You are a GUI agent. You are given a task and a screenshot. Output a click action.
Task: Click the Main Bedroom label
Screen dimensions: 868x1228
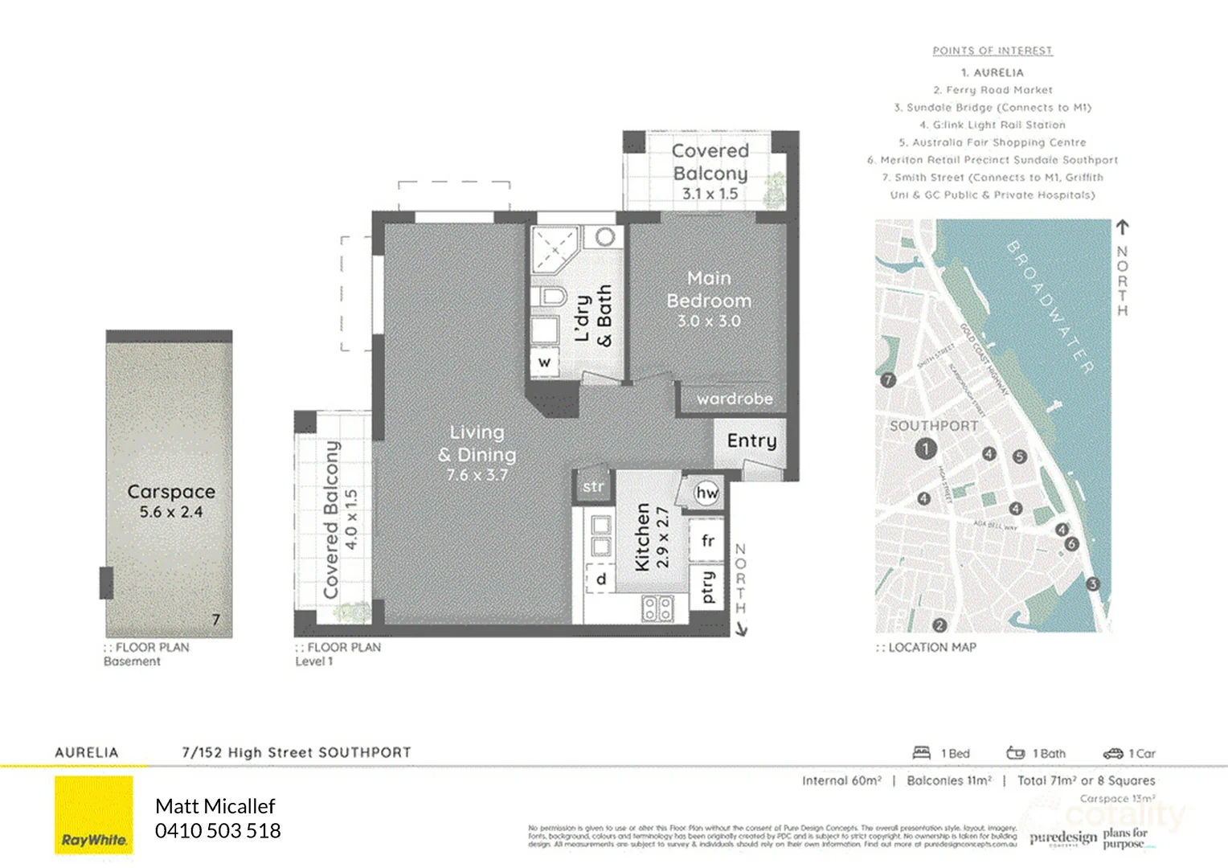(709, 289)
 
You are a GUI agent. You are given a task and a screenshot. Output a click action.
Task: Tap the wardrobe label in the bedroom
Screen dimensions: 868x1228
(735, 399)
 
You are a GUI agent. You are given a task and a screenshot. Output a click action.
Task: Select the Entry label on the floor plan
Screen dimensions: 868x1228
(751, 440)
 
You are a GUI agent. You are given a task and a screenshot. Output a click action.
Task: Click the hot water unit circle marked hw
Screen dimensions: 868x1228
(707, 493)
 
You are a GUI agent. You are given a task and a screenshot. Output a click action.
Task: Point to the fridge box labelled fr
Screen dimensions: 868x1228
(707, 541)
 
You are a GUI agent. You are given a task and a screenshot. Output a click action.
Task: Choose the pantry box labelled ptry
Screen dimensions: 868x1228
(707, 588)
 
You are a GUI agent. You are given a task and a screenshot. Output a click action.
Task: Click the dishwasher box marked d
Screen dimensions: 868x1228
(600, 579)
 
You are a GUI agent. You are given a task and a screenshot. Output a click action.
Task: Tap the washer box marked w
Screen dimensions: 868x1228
(544, 362)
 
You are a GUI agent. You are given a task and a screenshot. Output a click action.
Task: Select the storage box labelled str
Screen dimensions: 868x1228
(593, 486)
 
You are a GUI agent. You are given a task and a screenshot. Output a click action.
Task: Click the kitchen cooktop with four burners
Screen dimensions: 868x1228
(657, 608)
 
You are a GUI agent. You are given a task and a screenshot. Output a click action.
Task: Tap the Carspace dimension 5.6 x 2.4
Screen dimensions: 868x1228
(170, 512)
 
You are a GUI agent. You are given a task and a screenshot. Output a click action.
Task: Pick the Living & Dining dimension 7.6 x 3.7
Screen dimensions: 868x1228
(477, 475)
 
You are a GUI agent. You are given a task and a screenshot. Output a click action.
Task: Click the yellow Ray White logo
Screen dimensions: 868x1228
(94, 816)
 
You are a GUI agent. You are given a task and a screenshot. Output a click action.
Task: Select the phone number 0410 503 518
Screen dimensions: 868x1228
(218, 831)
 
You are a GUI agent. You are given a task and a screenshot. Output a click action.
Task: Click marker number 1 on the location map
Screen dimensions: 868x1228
(925, 448)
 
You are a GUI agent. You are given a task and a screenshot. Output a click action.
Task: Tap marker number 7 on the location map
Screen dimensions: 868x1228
(887, 380)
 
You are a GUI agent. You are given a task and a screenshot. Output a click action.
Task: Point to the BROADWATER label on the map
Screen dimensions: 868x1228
(1050, 307)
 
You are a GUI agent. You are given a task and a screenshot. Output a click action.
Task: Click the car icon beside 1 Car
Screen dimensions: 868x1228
(1112, 753)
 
